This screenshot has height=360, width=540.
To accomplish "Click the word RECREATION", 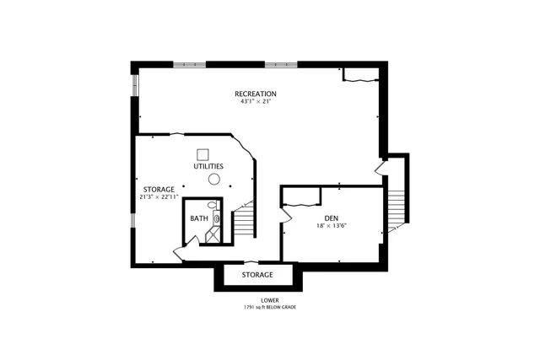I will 255,94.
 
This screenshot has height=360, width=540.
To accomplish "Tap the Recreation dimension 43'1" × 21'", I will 255,102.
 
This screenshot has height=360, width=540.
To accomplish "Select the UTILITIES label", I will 208,166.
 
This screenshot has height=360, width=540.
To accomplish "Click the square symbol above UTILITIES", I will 202,154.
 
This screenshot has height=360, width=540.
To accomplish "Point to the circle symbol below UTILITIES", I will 214,180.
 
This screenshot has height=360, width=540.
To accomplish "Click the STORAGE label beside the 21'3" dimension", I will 159,189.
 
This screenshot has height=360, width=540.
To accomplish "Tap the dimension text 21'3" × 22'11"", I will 159,196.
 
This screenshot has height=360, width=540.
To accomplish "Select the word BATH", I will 198,219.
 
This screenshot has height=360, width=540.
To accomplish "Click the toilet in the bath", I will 213,206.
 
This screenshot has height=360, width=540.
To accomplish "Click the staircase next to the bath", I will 243,222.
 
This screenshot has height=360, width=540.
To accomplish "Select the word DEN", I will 331,218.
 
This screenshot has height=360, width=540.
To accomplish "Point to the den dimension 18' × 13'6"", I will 331,227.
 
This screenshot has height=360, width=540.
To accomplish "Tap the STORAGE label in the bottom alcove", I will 257,275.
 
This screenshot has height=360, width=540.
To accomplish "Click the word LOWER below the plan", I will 270,299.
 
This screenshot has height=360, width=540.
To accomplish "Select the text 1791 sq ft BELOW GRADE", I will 270,307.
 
